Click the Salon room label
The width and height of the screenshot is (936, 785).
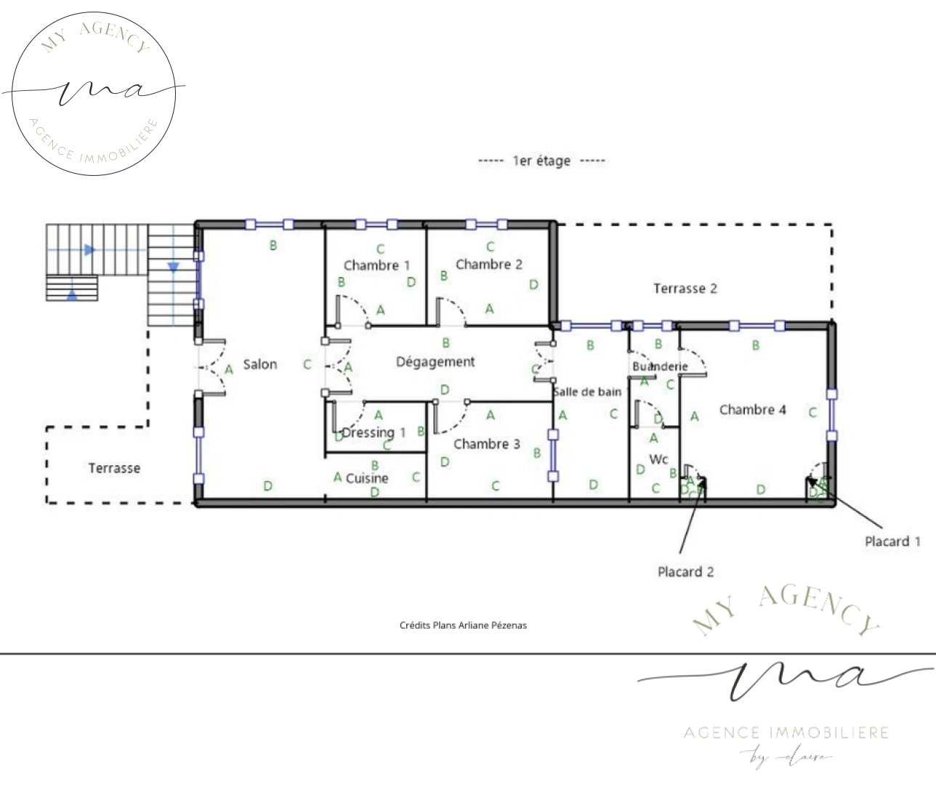[x=259, y=364]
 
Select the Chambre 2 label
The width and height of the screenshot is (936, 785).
[x=488, y=265]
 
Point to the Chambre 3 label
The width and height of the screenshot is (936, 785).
[x=486, y=444]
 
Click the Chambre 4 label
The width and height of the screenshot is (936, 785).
[x=752, y=410]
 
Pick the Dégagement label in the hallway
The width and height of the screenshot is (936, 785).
[x=435, y=361]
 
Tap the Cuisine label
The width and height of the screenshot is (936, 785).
[x=367, y=478]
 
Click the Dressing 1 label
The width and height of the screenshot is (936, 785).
[x=374, y=432]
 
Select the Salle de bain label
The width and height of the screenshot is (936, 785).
[x=587, y=392]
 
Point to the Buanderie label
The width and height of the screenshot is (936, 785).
[x=659, y=366]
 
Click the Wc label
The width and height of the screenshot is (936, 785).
[x=658, y=459]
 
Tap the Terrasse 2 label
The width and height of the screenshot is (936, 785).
[x=685, y=289]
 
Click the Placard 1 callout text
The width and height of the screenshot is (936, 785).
[x=892, y=542]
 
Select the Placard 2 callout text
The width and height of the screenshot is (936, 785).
[x=685, y=572]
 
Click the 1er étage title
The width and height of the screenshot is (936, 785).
[x=541, y=161]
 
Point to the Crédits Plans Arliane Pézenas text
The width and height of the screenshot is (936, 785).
[x=463, y=625]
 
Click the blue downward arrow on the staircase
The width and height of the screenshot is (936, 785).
[x=173, y=267]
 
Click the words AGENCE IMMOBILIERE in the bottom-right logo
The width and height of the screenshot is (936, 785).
[x=786, y=732]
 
